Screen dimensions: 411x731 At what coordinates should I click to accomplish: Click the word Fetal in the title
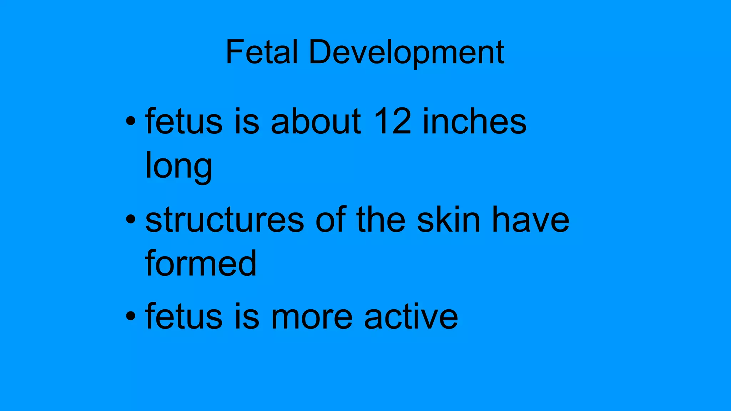[262, 52]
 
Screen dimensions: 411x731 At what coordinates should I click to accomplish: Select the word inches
[474, 122]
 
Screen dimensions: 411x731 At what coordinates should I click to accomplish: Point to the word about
[316, 122]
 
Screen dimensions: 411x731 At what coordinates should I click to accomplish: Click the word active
[411, 316]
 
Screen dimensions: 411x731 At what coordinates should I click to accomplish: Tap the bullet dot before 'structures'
[131, 219]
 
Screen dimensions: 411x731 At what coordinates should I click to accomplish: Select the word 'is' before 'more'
[247, 316]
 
